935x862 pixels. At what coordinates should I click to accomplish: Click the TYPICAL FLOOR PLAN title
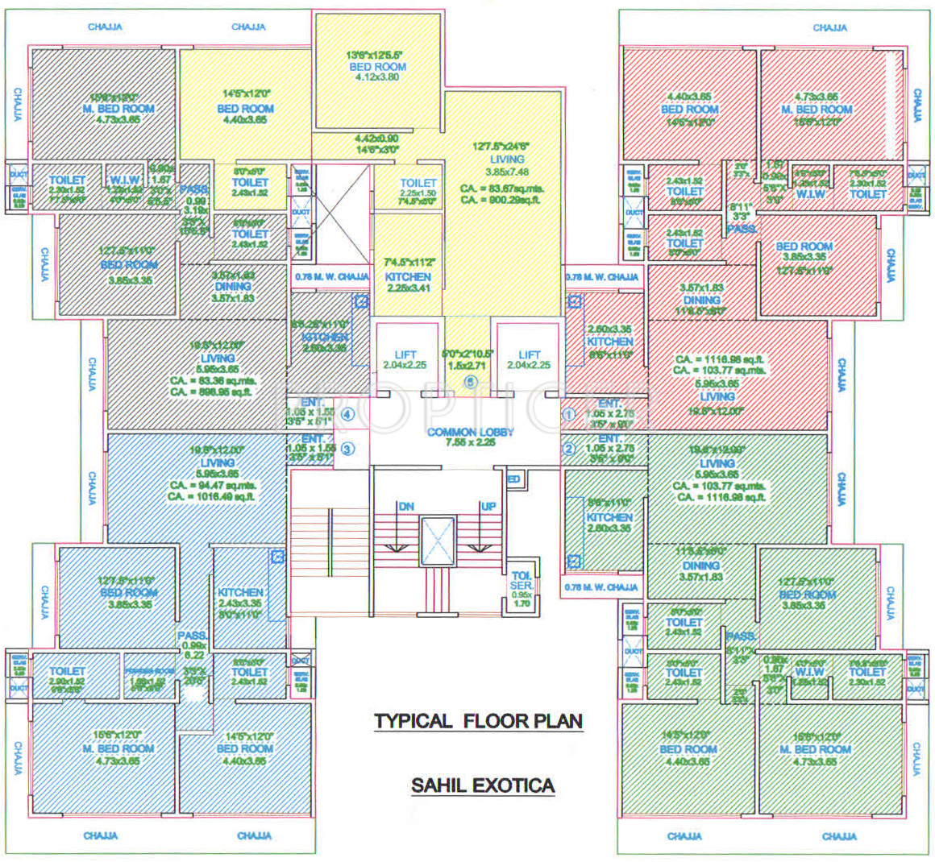pos(478,721)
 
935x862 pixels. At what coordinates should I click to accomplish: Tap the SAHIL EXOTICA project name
pos(482,785)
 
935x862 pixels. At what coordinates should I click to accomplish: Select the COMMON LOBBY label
pos(470,433)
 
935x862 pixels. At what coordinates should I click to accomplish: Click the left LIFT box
pos(405,358)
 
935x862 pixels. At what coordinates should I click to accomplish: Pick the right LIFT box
pos(530,358)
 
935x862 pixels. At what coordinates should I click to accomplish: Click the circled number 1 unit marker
pos(568,415)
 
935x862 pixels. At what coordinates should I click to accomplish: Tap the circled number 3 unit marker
pos(347,450)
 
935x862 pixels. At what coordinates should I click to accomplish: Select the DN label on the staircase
pos(405,506)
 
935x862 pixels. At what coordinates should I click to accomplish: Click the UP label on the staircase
pos(488,506)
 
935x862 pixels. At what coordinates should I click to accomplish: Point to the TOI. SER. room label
pos(522,581)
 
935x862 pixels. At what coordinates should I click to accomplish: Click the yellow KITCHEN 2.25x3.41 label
pos(408,276)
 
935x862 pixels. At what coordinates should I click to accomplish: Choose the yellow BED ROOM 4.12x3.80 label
pos(377,67)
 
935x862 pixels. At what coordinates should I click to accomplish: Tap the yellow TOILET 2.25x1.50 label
pos(418,184)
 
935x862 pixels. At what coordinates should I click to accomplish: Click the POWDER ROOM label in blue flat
pos(149,671)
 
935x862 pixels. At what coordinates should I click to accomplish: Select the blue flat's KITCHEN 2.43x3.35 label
pos(240,592)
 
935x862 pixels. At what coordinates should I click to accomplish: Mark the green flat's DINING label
pos(701,566)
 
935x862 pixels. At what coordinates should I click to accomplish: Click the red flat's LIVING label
pos(717,396)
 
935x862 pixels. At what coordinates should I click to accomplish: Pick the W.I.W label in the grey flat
pos(125,180)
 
